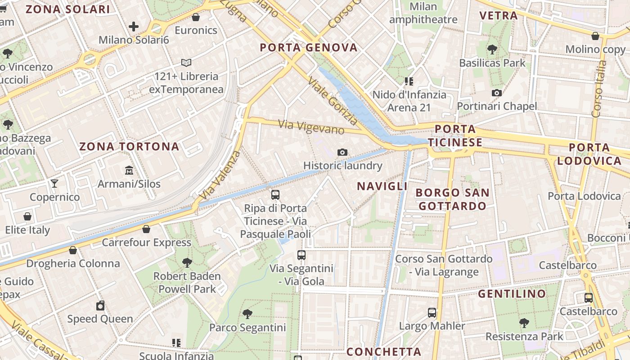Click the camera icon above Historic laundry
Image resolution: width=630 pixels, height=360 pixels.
[x=342, y=152]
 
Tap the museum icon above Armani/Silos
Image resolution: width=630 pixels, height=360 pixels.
[x=129, y=170]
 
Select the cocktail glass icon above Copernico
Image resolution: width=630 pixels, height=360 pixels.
[x=54, y=183]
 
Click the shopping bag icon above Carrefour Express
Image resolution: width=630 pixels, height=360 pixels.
[x=146, y=229]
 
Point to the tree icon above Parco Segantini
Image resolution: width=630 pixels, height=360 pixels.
[x=247, y=314]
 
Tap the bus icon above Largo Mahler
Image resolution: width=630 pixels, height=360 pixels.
[x=432, y=312]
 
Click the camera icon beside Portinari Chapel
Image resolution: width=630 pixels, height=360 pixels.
[x=497, y=93]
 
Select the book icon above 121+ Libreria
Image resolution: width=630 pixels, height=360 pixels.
[x=186, y=63]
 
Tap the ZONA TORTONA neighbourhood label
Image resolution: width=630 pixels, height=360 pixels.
[x=129, y=147]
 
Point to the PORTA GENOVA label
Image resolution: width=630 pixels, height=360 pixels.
[x=309, y=48]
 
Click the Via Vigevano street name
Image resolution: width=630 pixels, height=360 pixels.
[x=311, y=126]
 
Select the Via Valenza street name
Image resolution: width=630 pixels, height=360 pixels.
[x=220, y=176]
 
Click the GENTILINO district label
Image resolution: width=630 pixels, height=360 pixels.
[x=512, y=294]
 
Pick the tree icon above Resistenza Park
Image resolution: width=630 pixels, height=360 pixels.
[x=524, y=322]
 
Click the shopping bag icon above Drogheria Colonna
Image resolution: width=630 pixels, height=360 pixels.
[x=73, y=250]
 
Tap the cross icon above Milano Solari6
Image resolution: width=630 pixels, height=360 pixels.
[x=134, y=27]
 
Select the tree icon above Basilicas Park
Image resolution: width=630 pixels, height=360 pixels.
[x=492, y=49]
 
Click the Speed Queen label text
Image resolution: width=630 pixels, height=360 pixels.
[x=100, y=319]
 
